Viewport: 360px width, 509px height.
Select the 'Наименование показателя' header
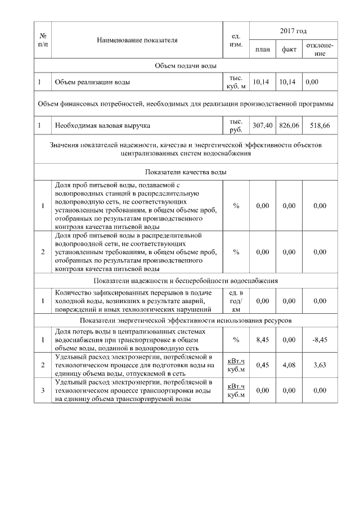tap(137, 40)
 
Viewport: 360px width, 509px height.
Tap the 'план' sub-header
tap(262, 49)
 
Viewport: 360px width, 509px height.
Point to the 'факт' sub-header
tap(289, 49)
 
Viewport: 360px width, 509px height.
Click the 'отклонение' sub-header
tap(319, 49)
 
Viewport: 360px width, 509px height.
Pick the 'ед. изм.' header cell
tap(236, 40)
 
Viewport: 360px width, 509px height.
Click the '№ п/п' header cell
tap(42, 40)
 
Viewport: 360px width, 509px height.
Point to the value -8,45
tap(319, 340)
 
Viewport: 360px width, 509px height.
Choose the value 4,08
tap(289, 365)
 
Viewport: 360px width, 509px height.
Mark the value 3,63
tap(319, 365)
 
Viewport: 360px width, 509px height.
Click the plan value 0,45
tap(262, 365)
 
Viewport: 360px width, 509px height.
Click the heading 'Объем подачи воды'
tap(186, 66)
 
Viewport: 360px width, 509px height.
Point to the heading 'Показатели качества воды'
tap(186, 172)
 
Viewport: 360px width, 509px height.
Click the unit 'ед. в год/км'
tap(236, 301)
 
